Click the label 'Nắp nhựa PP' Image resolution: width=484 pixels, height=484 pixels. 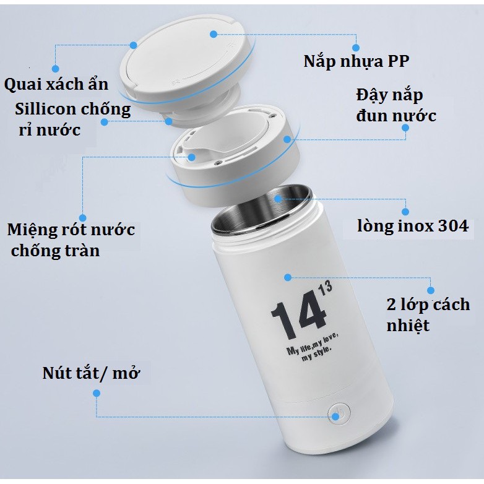(x=357, y=61)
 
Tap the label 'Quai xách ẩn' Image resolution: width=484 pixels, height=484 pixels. (x=56, y=84)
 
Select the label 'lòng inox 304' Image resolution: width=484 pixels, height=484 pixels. (x=413, y=226)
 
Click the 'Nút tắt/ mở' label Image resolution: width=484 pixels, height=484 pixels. (x=91, y=373)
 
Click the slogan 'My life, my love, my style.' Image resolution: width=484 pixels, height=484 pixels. (x=313, y=347)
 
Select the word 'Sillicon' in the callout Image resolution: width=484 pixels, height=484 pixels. (x=45, y=109)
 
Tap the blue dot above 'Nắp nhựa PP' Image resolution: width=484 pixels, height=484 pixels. (x=356, y=48)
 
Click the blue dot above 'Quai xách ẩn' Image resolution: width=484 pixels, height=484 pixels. (x=55, y=68)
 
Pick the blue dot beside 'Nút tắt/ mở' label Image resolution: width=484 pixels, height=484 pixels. (x=97, y=393)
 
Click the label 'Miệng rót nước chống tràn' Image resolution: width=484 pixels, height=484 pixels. (x=71, y=240)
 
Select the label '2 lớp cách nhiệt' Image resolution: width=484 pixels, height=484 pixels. (x=428, y=314)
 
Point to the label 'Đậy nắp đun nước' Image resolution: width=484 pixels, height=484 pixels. (x=396, y=106)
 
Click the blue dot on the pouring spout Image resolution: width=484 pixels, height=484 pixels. (x=192, y=157)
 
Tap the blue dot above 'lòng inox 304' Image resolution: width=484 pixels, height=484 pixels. (x=405, y=212)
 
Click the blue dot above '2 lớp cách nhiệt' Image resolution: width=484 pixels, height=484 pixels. (x=431, y=290)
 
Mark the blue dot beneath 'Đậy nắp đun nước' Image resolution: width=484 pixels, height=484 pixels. (x=405, y=127)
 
